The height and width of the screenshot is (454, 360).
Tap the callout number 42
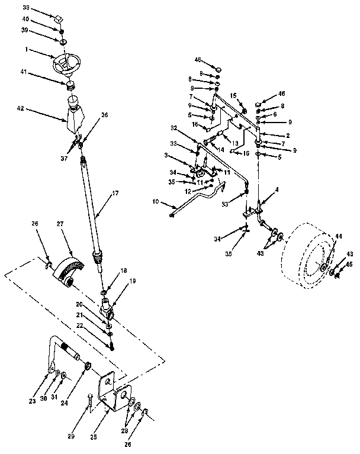(21, 109)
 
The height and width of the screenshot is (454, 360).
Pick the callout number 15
(234, 95)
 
